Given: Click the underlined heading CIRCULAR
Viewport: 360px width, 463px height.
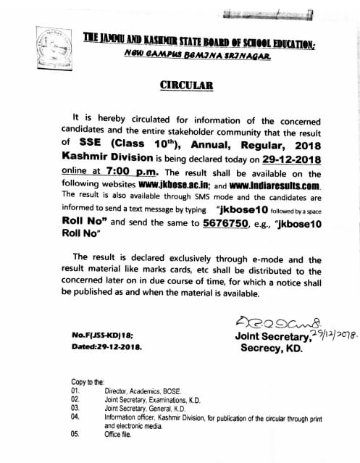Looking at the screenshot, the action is (186, 85).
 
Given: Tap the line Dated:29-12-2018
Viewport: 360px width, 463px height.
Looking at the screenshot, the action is (106, 347).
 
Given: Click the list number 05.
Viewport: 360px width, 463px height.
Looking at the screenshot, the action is (75, 434).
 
